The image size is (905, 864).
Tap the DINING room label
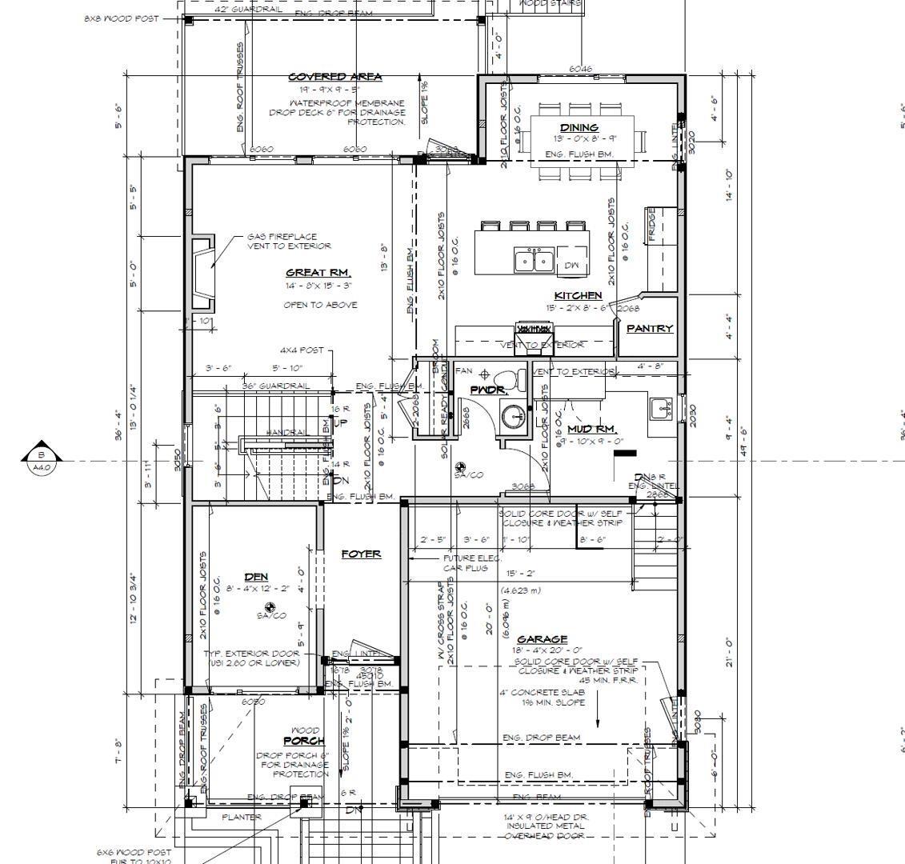tap(579, 127)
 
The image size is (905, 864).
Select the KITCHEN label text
tap(578, 296)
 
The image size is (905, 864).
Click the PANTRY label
tap(649, 328)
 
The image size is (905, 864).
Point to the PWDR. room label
tap(487, 390)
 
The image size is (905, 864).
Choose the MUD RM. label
tap(591, 430)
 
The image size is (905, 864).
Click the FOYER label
tap(361, 554)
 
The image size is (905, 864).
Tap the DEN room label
tap(256, 577)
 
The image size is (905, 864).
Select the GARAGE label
tap(542, 639)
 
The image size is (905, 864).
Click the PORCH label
tap(304, 741)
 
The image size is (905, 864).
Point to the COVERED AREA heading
tap(334, 77)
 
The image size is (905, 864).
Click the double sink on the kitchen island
tap(534, 260)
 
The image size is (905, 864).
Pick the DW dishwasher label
tap(571, 266)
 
